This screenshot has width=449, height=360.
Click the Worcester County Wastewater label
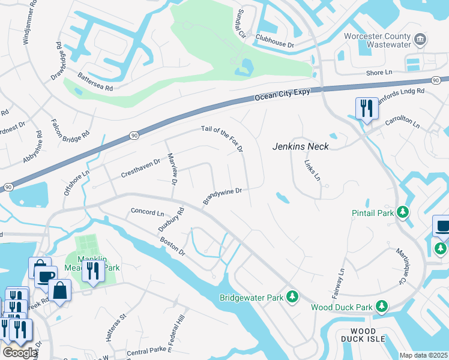376,40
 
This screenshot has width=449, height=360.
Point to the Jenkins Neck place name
301,146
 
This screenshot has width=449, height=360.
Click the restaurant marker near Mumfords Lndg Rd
365,109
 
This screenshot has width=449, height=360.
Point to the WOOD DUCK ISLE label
363,335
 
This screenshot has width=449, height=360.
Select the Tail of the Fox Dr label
222,138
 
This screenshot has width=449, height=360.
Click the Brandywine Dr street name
222,196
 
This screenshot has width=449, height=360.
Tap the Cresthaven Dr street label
140,162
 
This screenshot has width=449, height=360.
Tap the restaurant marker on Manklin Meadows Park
92,271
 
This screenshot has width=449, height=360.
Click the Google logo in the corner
19,352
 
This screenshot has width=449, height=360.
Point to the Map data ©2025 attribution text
423,355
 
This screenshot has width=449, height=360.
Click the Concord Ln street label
147,212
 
